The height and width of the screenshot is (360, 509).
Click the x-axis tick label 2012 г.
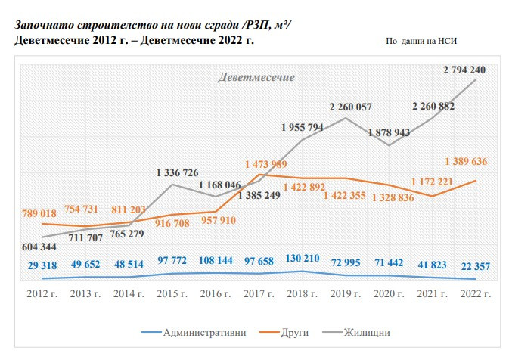(42, 293)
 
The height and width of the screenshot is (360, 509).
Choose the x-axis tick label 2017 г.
(259, 293)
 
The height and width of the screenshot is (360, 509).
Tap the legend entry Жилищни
(366, 332)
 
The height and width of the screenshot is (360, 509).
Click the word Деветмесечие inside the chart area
(256, 78)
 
